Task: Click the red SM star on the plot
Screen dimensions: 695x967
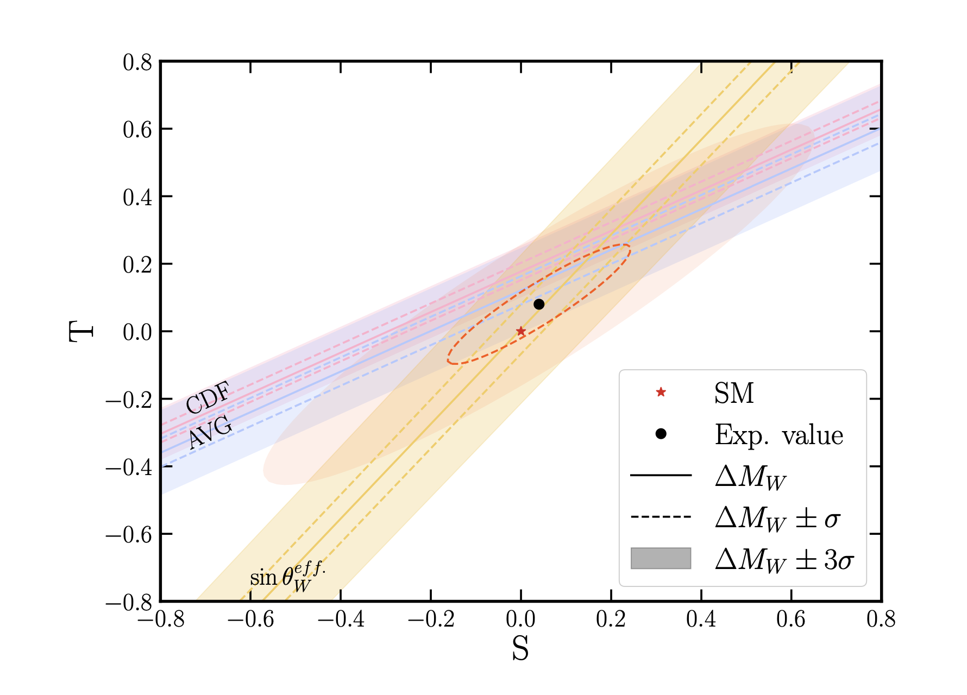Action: coord(520,331)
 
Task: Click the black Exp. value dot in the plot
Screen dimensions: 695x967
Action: coord(539,304)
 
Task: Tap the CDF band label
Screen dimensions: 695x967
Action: coord(208,397)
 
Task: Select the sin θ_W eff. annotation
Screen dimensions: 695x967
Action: coord(287,577)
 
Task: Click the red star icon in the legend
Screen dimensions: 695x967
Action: coord(661,392)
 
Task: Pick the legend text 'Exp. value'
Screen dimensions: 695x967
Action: coord(778,435)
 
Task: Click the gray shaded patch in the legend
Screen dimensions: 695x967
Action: coord(661,558)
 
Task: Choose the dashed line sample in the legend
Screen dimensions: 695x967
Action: coord(661,517)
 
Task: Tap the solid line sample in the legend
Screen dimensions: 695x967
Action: coord(661,476)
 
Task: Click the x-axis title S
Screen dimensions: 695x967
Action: coord(520,648)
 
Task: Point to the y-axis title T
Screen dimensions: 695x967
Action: coord(81,331)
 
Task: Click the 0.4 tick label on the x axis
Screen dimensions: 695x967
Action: coord(701,620)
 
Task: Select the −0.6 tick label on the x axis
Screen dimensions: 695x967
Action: coord(250,620)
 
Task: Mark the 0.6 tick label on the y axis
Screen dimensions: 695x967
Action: coord(137,130)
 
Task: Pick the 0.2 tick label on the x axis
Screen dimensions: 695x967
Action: coord(611,620)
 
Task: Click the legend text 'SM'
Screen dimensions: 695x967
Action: coord(734,393)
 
